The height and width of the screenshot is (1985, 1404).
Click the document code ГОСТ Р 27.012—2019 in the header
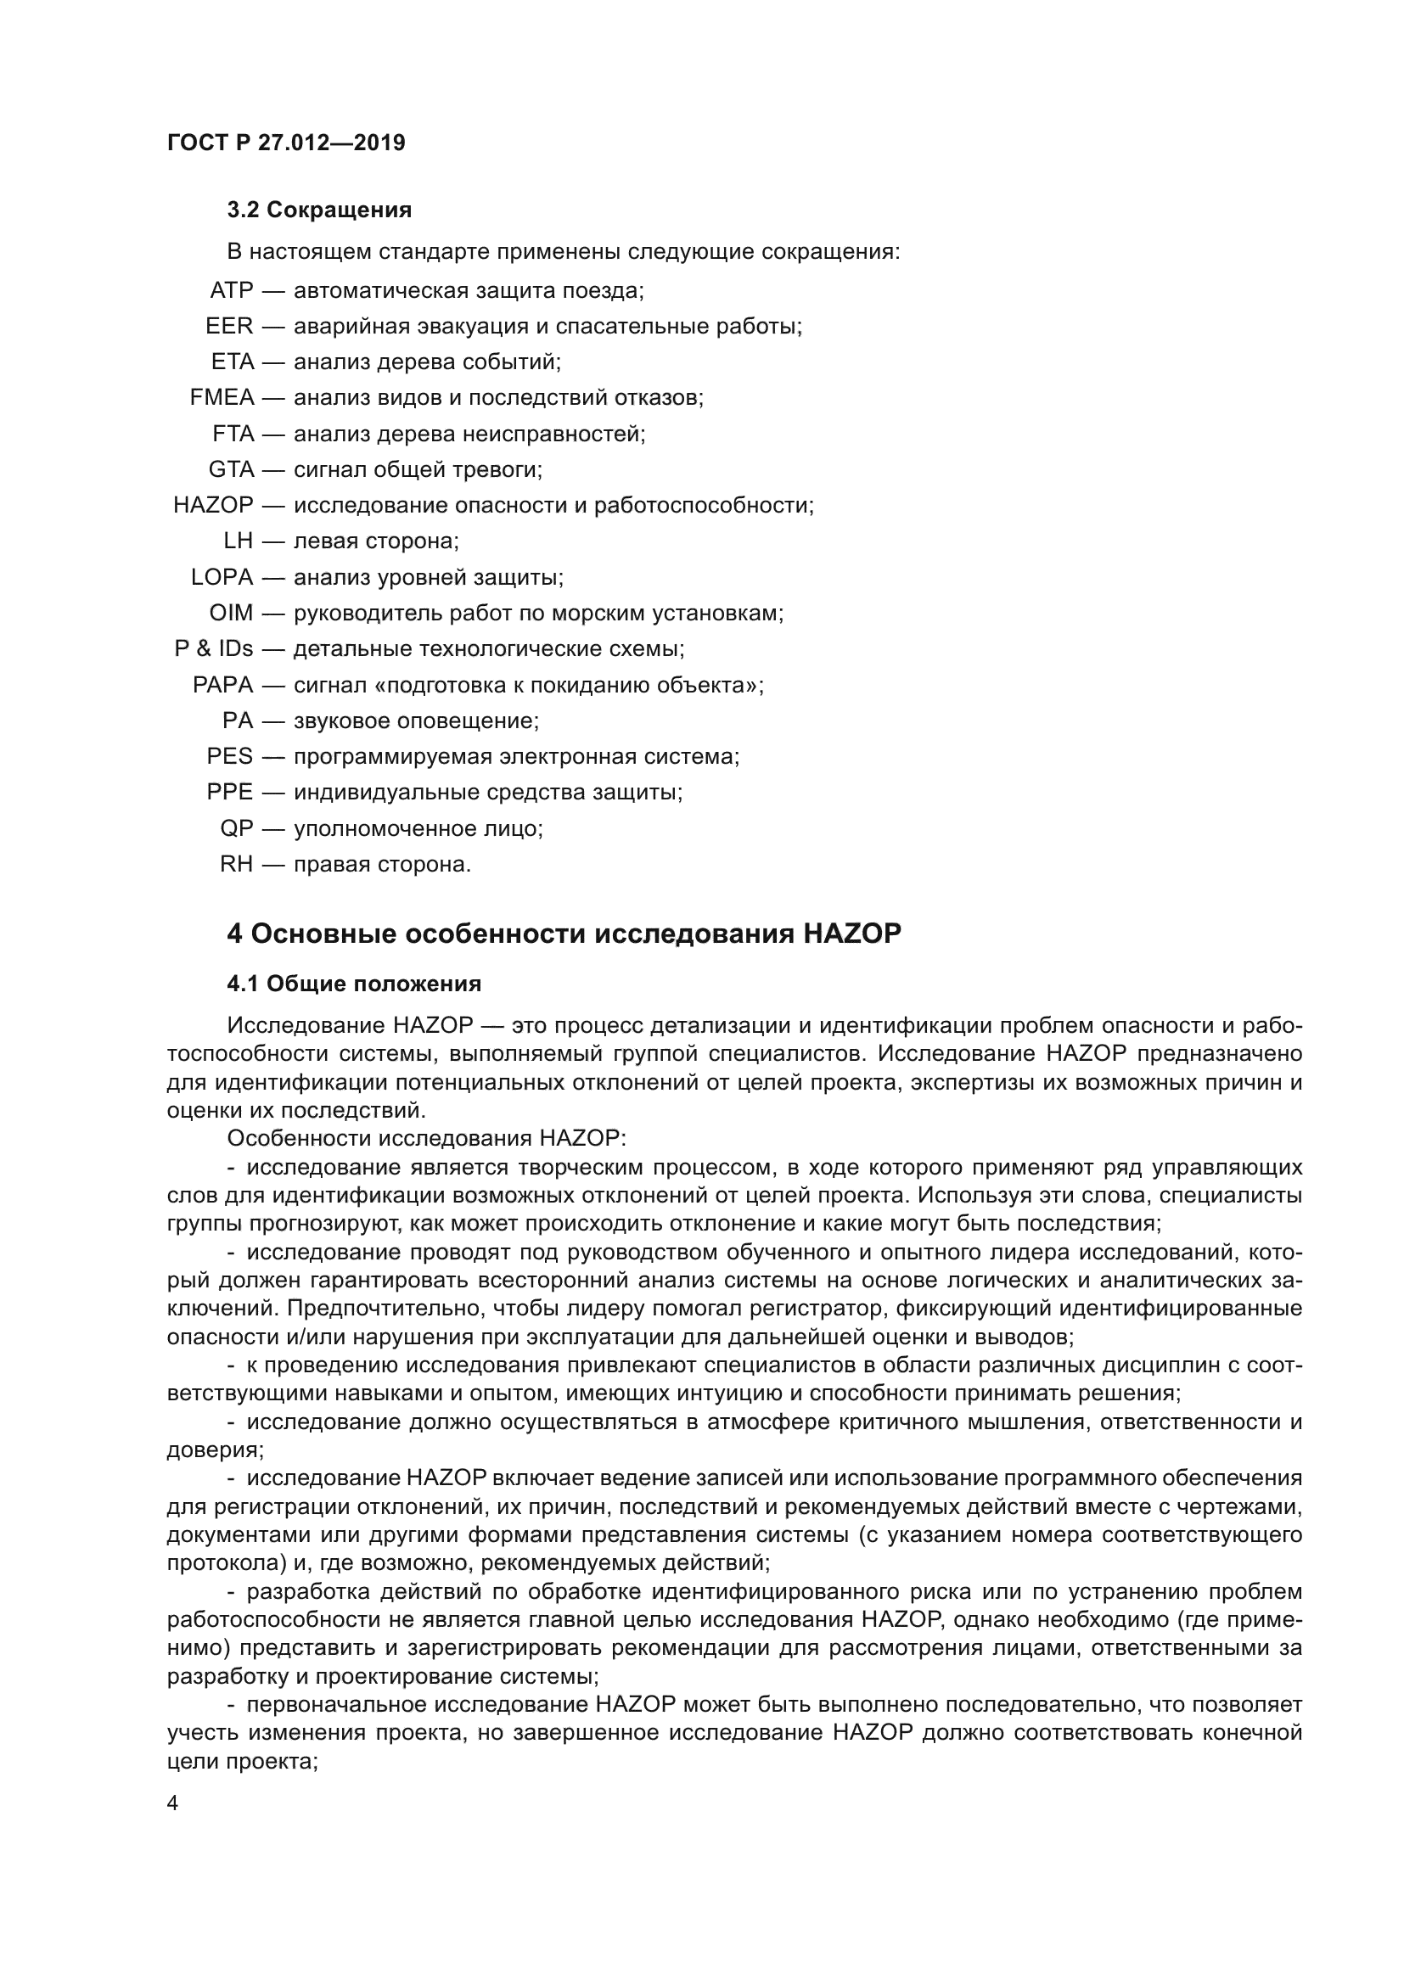[285, 143]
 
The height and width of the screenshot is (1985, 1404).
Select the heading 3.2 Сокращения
[319, 210]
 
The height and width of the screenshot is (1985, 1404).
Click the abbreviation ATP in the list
[231, 290]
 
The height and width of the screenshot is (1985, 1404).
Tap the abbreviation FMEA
[222, 398]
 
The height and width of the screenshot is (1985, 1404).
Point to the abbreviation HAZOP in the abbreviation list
[214, 506]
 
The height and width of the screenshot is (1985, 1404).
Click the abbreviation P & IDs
[214, 649]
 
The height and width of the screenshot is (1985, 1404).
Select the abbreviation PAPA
[223, 686]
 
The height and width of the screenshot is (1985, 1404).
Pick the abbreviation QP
[237, 829]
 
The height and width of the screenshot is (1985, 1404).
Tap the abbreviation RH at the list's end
[236, 865]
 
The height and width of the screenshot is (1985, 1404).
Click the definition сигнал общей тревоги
[418, 470]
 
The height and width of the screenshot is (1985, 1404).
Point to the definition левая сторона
[376, 542]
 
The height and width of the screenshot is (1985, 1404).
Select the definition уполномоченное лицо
[418, 829]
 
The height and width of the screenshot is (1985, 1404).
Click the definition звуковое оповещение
[416, 721]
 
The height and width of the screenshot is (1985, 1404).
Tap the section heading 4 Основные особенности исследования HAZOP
[564, 934]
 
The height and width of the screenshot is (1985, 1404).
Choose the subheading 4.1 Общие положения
[354, 984]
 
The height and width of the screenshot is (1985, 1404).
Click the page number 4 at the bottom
[173, 1803]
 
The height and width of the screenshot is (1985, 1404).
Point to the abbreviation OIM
[231, 614]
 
